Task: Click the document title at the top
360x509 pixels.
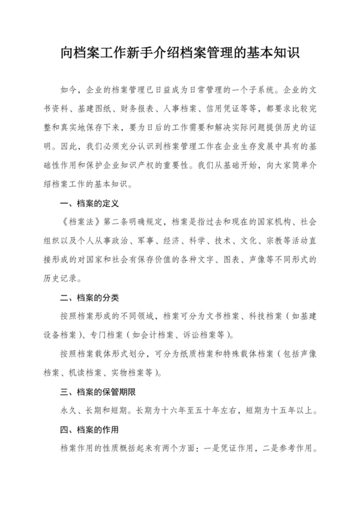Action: click(x=180, y=51)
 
